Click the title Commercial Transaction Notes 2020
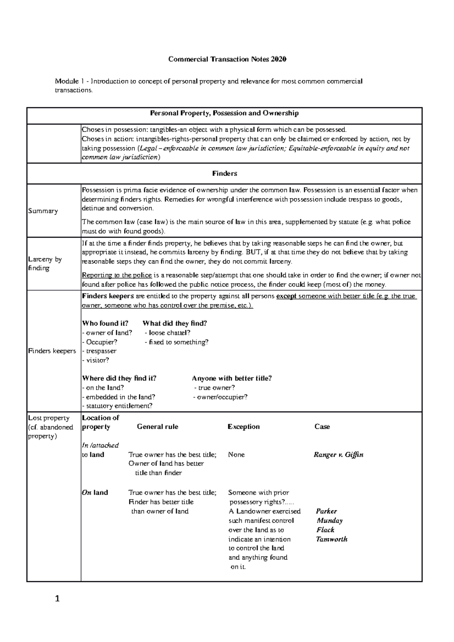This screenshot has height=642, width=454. (x=227, y=59)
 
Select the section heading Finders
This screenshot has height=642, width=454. (x=224, y=174)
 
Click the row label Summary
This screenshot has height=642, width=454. (x=43, y=211)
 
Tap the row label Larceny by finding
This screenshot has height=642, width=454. (x=45, y=264)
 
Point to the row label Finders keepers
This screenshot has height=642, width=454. (x=52, y=351)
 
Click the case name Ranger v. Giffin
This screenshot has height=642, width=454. (x=338, y=455)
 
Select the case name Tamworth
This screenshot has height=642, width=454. (x=331, y=539)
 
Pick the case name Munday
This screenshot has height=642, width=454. (x=330, y=521)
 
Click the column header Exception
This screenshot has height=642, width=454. (x=243, y=426)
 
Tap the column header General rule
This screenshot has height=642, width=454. (x=157, y=426)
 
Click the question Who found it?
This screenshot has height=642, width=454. (x=105, y=323)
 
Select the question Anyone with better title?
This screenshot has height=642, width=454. (x=232, y=378)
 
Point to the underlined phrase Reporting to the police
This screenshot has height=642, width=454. (x=117, y=275)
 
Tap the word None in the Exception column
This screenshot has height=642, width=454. (x=236, y=455)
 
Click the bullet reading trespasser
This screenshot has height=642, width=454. (x=99, y=351)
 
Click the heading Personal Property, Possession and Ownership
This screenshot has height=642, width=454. (x=224, y=113)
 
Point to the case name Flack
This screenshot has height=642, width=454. (x=325, y=530)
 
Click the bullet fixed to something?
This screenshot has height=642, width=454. (x=176, y=342)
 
